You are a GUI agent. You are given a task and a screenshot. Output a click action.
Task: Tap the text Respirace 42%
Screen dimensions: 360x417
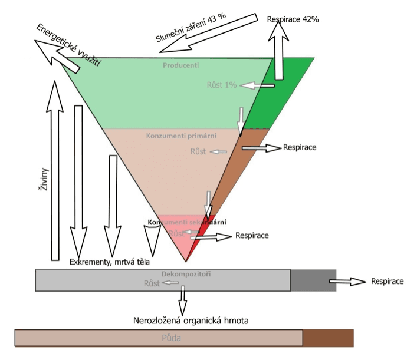point(293,19)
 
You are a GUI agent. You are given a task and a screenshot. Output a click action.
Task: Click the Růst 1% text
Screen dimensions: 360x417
point(221,85)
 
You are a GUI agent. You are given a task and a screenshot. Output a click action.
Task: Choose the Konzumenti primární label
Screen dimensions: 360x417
point(182,135)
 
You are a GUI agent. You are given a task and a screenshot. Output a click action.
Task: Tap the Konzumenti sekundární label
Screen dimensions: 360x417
point(188,222)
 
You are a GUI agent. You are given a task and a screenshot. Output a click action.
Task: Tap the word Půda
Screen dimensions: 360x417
point(172,338)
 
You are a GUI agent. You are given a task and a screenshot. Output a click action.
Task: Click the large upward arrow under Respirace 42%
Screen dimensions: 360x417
point(276,53)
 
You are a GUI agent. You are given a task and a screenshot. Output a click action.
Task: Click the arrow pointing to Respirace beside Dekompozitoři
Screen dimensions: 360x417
point(347,282)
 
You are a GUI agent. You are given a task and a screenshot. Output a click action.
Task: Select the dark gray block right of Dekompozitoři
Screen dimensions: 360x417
point(313,280)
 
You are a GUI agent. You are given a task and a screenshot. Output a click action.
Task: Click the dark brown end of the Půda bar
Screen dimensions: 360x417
point(328,338)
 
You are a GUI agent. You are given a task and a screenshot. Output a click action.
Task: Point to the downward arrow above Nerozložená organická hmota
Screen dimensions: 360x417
point(183,301)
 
